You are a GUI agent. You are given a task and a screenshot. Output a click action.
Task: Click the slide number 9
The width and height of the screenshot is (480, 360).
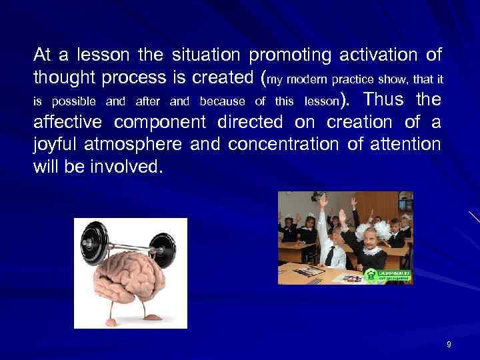[449, 345]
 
